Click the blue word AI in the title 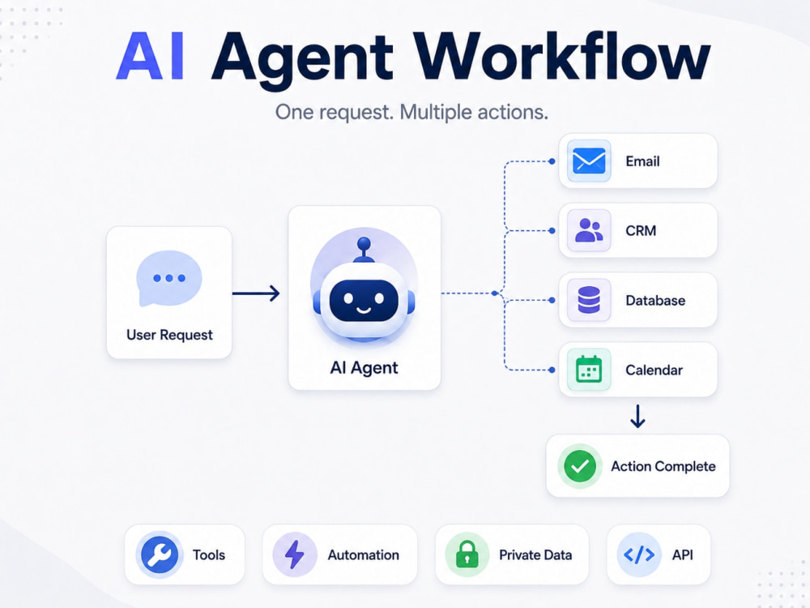point(151,56)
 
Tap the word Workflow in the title point(564,56)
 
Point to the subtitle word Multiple point(436,112)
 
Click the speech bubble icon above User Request point(169,279)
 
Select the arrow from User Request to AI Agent point(256,293)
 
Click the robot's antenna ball point(364,243)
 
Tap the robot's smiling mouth point(364,310)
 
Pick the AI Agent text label point(364,367)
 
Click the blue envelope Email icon point(589,161)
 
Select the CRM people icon point(589,230)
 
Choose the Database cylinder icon point(589,301)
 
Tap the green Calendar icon point(589,370)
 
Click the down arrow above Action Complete point(638,416)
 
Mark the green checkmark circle point(580,466)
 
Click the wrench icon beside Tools point(160,554)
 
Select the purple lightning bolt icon point(295,554)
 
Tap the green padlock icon point(467,554)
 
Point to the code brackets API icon point(639,554)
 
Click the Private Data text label point(535,554)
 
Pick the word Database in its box point(655,301)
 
